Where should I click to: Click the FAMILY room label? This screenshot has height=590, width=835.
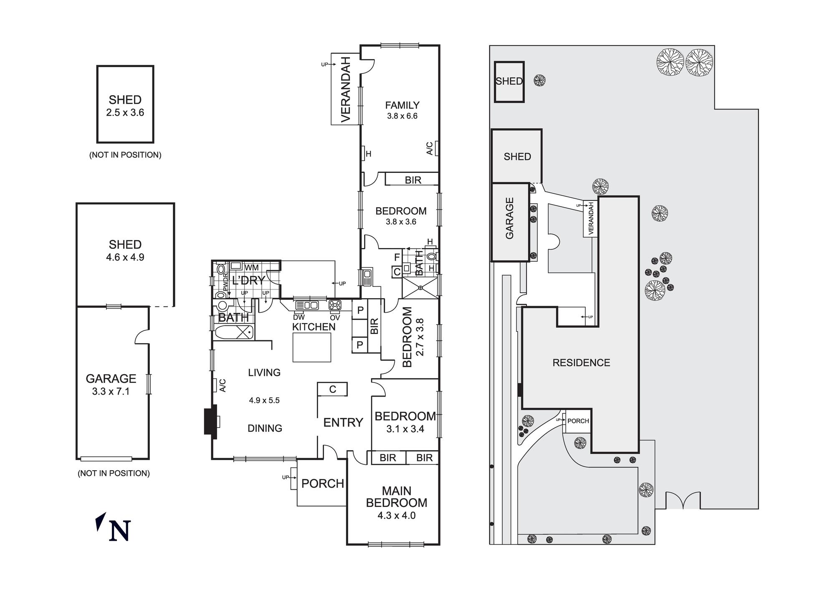(x=402, y=105)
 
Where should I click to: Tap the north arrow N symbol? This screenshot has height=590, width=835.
(x=119, y=531)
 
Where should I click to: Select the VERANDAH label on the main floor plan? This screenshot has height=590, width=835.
(x=346, y=89)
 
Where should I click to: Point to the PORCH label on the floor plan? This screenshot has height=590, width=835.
(x=322, y=484)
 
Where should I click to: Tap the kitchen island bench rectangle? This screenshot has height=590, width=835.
(x=311, y=347)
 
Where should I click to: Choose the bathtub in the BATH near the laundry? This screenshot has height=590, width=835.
(x=234, y=333)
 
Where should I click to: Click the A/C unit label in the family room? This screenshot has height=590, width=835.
(x=430, y=148)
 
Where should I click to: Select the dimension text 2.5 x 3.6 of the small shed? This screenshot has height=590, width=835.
(x=125, y=112)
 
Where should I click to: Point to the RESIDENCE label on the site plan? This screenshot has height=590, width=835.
(x=581, y=363)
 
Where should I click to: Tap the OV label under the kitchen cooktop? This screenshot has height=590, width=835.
(x=335, y=318)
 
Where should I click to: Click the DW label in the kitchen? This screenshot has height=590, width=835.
(x=299, y=317)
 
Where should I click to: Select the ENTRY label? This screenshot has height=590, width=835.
(x=343, y=423)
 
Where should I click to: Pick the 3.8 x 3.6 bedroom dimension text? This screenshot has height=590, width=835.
(x=401, y=222)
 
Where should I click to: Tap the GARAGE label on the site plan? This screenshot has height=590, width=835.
(x=509, y=218)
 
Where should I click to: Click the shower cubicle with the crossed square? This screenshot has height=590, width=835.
(x=420, y=288)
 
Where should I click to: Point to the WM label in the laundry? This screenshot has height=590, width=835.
(x=251, y=267)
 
